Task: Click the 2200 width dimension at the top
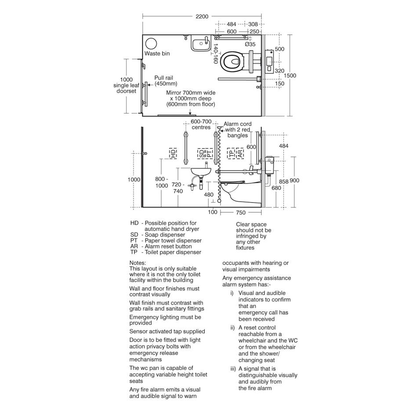202,16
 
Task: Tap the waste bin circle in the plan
151,44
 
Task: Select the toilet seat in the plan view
232,62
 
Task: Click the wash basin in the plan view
201,44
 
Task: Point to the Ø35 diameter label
250,44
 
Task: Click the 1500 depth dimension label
290,76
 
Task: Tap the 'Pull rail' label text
163,78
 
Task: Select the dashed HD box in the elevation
173,153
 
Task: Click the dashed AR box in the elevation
240,153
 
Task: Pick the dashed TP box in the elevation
231,153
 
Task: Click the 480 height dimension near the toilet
209,195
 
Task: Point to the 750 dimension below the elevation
241,213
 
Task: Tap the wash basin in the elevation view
201,172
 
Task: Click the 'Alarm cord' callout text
238,124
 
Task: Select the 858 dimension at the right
284,182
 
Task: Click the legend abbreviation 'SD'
134,235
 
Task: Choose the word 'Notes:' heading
138,263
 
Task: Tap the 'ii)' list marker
232,328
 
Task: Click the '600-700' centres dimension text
201,122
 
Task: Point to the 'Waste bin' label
157,54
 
